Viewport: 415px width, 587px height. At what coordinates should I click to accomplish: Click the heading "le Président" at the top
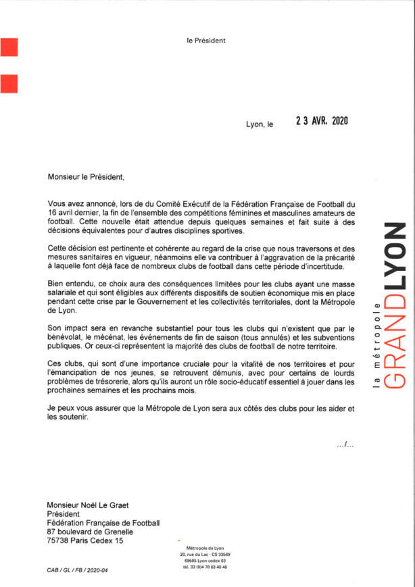click(x=206, y=41)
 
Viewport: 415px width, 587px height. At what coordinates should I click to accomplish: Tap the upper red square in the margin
click(x=9, y=49)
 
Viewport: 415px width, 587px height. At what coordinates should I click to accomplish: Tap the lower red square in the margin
click(x=9, y=82)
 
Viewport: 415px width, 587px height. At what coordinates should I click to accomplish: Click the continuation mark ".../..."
click(x=345, y=444)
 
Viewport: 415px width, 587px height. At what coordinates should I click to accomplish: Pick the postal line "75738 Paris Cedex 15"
click(x=86, y=540)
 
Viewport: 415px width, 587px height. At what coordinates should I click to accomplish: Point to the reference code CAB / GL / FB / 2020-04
click(x=77, y=571)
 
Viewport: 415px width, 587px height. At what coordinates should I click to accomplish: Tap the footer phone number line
click(x=205, y=567)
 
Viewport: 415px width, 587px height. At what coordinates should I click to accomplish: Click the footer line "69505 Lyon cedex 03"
click(x=205, y=560)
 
